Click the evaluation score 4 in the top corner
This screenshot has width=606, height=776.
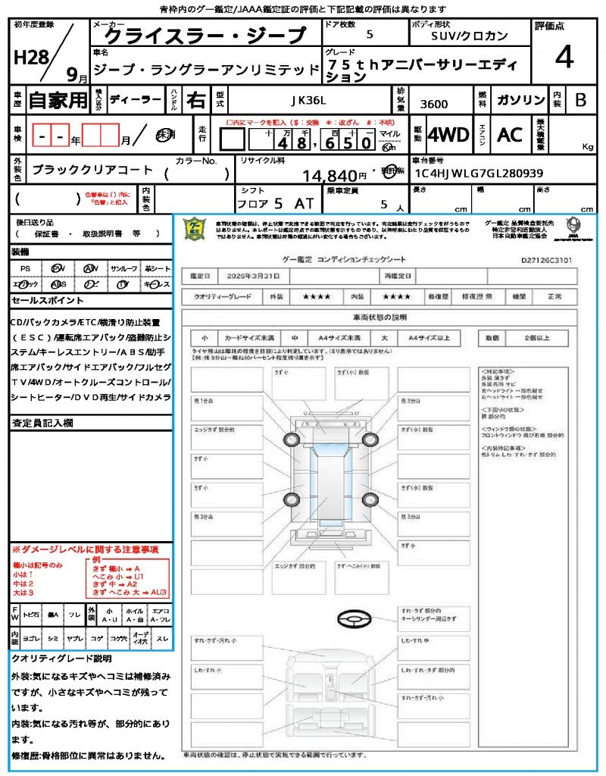click(563, 58)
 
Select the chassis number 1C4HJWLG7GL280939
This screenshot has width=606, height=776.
click(479, 174)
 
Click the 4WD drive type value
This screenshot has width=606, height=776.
click(448, 135)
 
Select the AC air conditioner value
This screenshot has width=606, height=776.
click(509, 135)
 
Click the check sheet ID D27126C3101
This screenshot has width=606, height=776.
click(546, 259)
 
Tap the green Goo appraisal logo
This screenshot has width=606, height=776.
click(195, 228)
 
